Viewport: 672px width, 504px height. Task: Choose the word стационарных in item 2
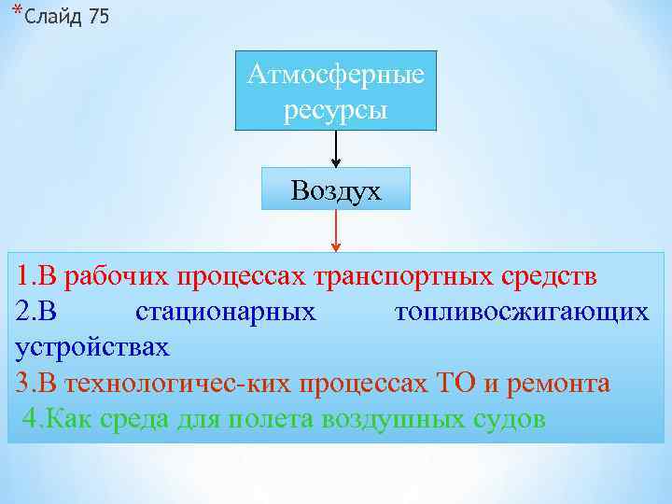(226, 312)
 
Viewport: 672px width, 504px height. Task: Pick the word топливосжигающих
(521, 312)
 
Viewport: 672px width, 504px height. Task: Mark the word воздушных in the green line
(387, 417)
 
